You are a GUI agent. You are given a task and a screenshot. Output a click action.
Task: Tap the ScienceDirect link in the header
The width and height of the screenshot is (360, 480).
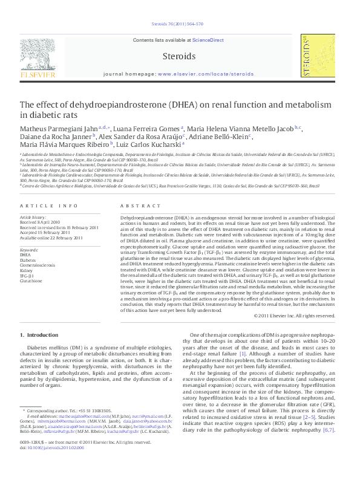tap(208, 40)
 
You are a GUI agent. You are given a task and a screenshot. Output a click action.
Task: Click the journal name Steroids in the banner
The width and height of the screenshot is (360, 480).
tap(179, 56)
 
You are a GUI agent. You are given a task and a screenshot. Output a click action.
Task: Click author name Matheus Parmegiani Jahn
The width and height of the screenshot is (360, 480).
tap(61, 128)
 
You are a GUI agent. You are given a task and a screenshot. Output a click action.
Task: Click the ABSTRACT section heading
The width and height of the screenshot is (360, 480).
tap(136, 206)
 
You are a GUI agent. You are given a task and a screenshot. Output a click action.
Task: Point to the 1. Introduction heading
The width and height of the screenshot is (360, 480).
tap(39, 334)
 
